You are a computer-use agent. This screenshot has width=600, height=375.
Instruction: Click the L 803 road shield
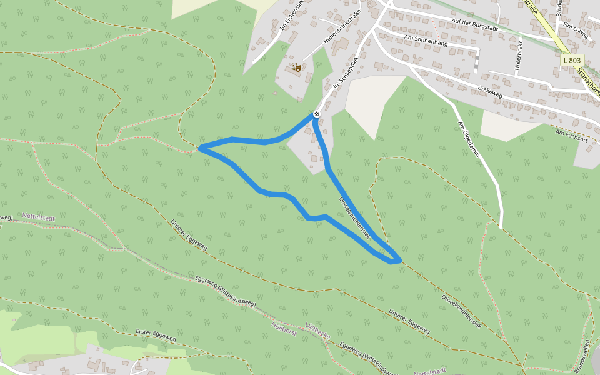point(571,60)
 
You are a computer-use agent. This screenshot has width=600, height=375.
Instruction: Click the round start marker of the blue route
point(317,114)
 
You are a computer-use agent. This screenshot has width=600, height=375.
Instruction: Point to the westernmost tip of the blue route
point(200,148)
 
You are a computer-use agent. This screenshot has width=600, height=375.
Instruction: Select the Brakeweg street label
point(490,91)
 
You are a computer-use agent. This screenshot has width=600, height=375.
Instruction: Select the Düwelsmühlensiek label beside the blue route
point(355,219)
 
